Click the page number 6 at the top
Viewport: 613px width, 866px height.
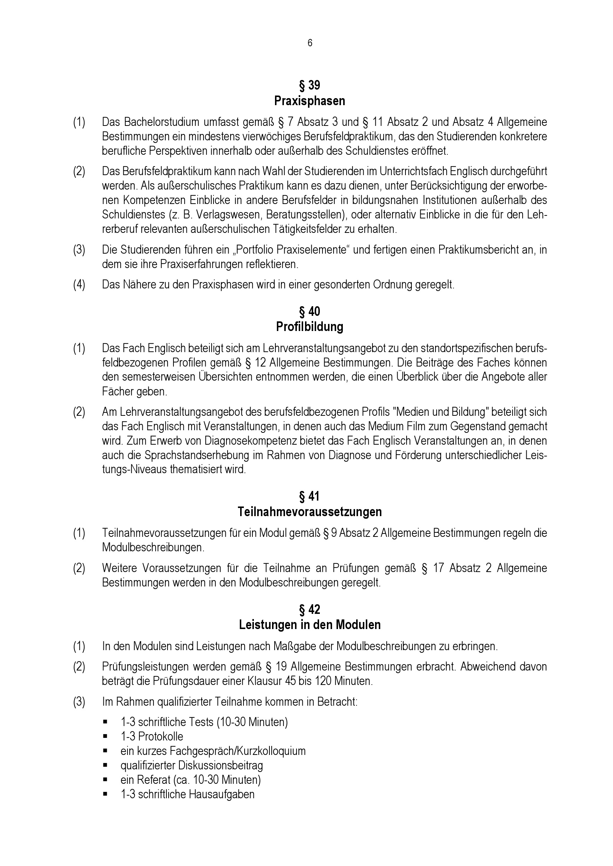(x=309, y=43)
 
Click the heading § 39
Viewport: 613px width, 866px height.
(x=309, y=85)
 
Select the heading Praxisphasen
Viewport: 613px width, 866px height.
(x=309, y=101)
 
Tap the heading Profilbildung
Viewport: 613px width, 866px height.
(x=309, y=327)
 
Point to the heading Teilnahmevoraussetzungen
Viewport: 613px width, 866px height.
(x=309, y=512)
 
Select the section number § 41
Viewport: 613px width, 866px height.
(x=309, y=496)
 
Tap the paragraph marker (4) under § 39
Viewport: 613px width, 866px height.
(x=79, y=284)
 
